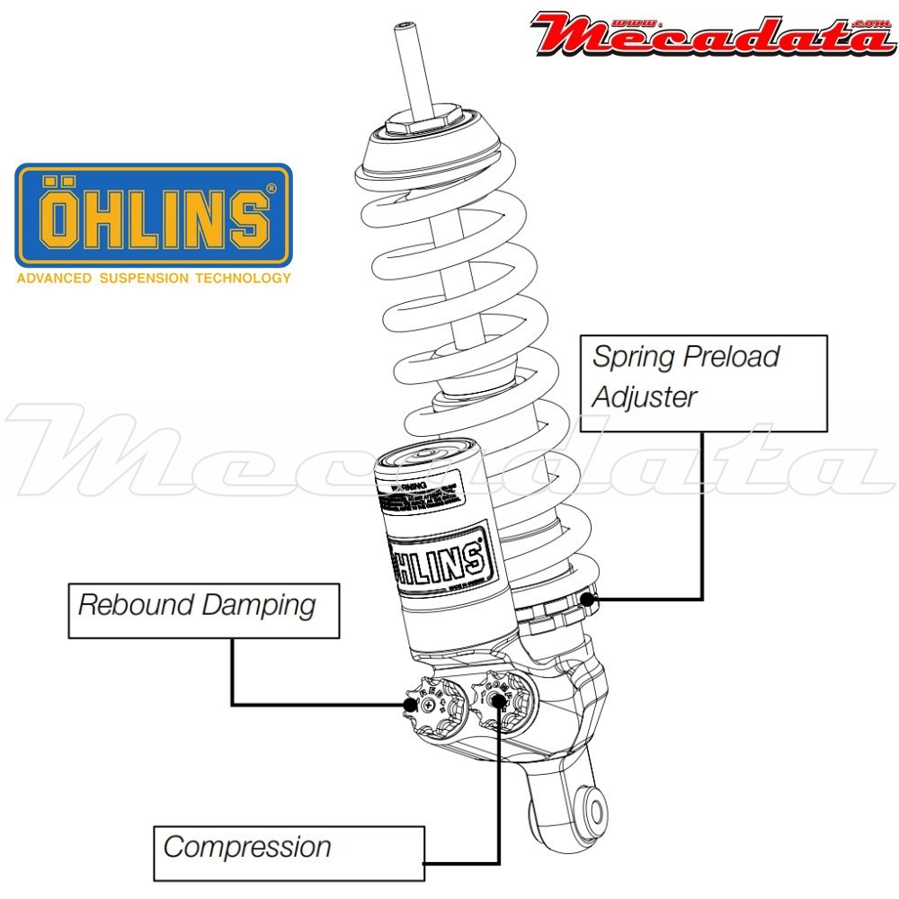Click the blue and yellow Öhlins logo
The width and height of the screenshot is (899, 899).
(154, 215)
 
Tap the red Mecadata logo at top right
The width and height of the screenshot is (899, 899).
(712, 33)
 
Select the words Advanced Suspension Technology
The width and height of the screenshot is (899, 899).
(154, 279)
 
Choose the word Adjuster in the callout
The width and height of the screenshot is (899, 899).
(644, 396)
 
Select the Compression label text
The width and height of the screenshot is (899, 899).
(247, 847)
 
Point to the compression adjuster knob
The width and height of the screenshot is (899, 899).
(497, 698)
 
